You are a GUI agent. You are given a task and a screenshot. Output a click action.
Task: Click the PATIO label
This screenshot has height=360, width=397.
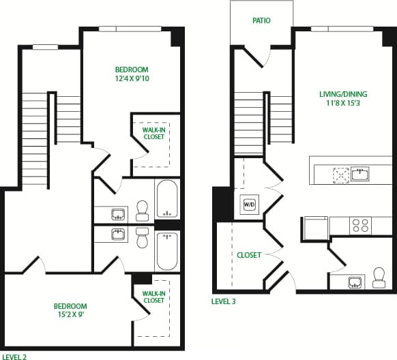[261, 20]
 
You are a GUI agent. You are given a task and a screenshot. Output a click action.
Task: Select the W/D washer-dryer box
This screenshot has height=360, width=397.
[246, 204]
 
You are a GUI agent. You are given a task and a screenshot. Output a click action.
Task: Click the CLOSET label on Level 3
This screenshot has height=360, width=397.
[249, 255]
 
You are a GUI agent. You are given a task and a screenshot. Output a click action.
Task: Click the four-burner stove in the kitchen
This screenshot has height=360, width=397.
[359, 225]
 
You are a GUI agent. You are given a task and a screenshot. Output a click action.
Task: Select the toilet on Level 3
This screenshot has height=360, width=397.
[379, 277]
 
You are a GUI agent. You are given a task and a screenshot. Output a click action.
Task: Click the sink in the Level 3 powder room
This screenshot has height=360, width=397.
[355, 282]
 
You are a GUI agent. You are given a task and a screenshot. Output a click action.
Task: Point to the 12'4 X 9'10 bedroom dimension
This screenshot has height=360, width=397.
[132, 79]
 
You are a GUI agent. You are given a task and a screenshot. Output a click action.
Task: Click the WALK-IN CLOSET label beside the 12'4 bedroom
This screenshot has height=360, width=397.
[153, 133]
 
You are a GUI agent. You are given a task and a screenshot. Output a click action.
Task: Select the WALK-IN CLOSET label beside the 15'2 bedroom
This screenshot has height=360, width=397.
[153, 297]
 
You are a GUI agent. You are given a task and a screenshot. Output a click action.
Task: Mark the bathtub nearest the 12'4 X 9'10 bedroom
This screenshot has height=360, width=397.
[166, 199]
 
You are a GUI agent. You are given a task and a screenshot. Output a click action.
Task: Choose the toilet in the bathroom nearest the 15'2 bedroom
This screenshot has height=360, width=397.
[142, 239]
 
